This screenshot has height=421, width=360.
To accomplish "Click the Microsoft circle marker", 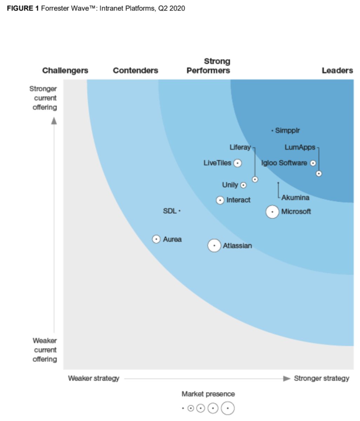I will click(x=272, y=212).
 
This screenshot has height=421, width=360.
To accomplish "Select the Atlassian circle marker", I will click(x=214, y=246).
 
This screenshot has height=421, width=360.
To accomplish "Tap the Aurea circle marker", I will click(x=156, y=239).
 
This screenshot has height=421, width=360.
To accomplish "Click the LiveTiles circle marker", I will click(x=238, y=163).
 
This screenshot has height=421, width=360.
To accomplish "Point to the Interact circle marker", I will click(x=220, y=200).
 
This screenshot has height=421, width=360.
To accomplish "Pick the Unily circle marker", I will click(x=244, y=185).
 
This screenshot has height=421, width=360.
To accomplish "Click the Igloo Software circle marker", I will click(x=313, y=163).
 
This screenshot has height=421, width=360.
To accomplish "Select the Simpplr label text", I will click(x=287, y=131).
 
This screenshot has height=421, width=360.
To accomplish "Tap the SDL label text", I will click(x=170, y=211).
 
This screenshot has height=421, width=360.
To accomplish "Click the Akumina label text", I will click(x=295, y=198).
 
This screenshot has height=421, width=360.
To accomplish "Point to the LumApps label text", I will click(x=300, y=147).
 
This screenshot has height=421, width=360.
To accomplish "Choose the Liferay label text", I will click(x=240, y=147).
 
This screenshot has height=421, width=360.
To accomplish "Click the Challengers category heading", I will click(x=65, y=71).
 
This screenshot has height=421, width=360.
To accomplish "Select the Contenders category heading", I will click(x=135, y=71).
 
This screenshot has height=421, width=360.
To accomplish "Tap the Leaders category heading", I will click(x=337, y=71).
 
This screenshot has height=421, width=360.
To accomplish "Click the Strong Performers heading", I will click(x=208, y=66).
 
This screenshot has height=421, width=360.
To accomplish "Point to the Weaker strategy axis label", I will click(x=94, y=378).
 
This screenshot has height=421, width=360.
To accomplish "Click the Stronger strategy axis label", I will click(x=321, y=378).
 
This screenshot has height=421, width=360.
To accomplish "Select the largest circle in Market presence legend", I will click(x=228, y=408).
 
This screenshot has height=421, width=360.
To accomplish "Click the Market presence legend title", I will click(x=208, y=394).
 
